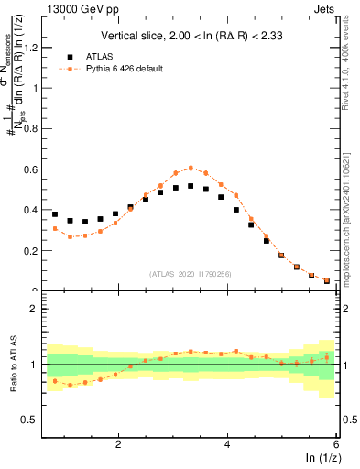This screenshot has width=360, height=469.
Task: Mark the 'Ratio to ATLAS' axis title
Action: click(12, 365)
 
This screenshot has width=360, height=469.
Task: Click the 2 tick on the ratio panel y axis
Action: click(34, 309)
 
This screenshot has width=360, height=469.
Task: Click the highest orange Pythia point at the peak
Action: click(191, 168)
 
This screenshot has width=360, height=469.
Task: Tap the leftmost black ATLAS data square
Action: click(55, 214)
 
